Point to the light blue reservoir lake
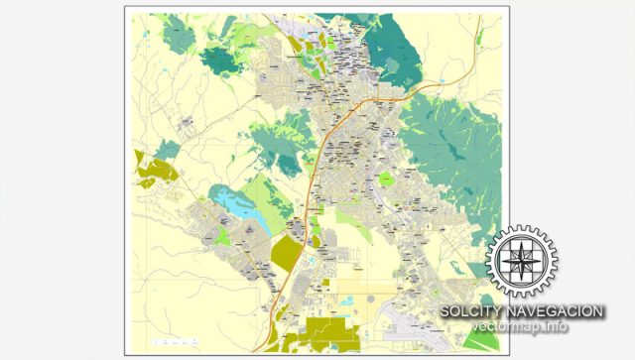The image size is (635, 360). (237, 204)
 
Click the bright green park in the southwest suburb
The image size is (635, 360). (224, 238)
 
